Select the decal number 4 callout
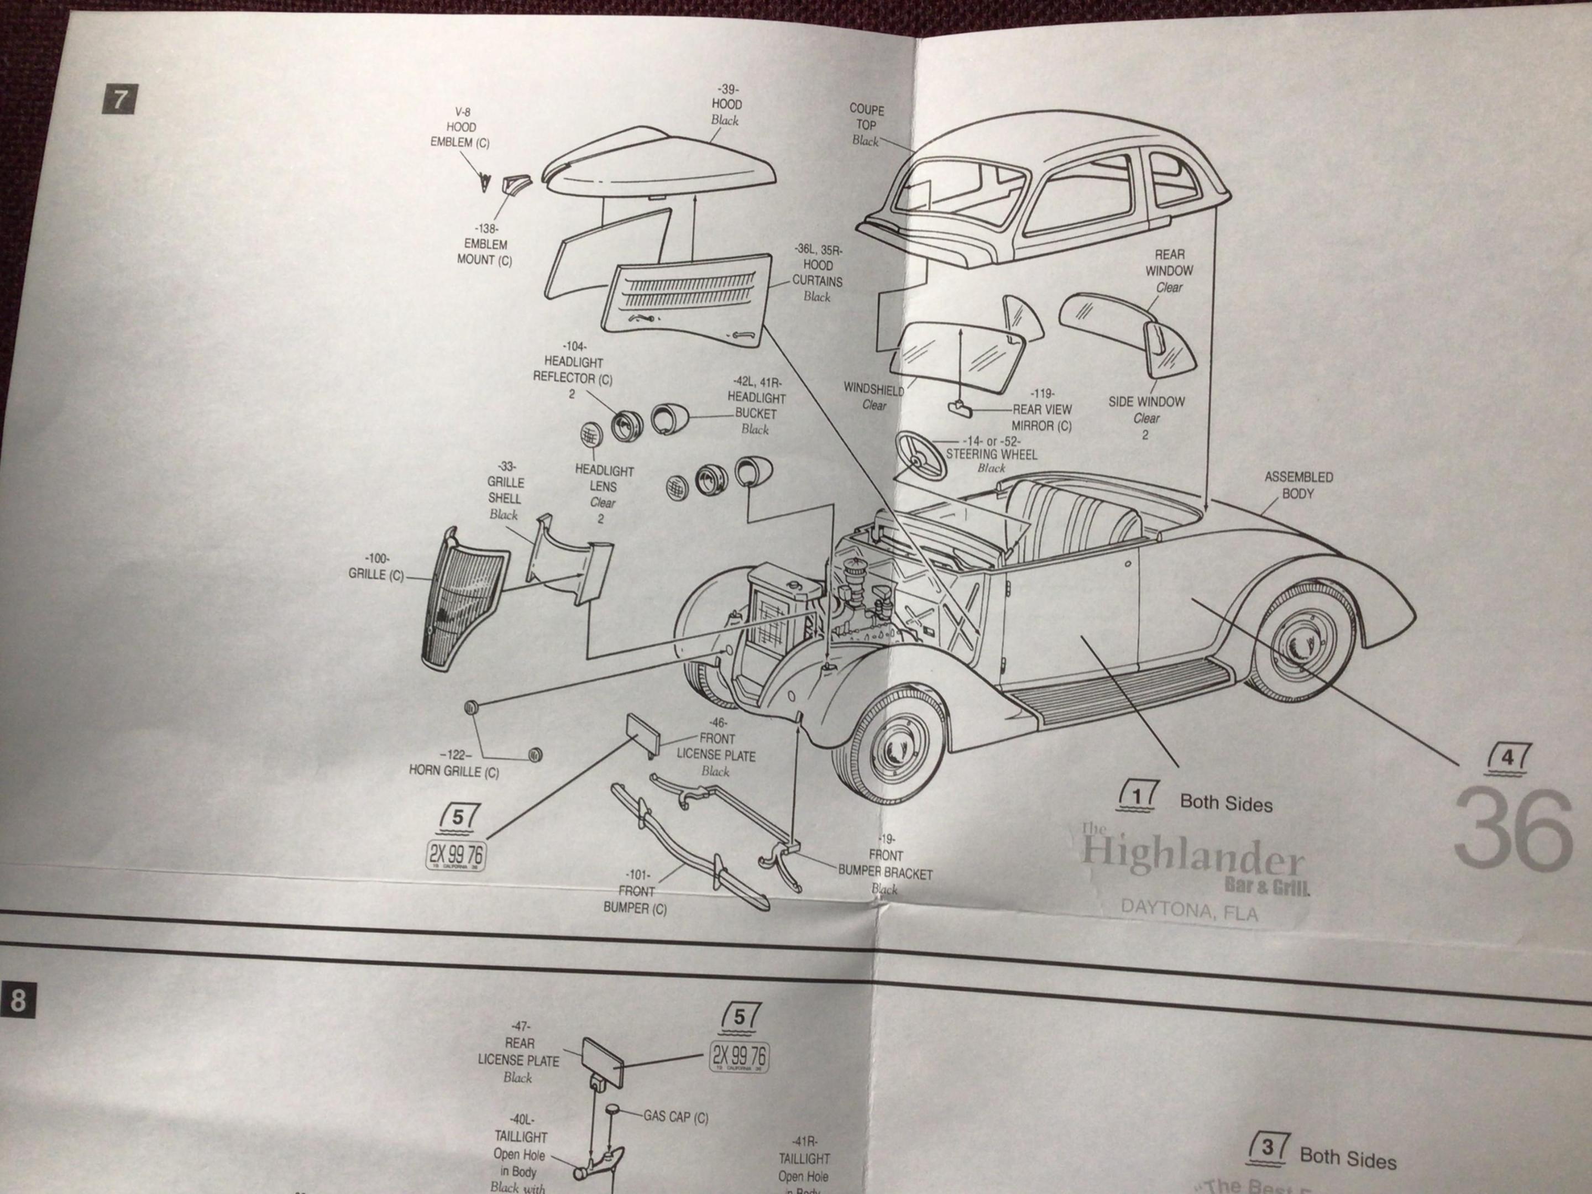1506,758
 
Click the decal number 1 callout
1138,796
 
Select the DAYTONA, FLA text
1189,911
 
